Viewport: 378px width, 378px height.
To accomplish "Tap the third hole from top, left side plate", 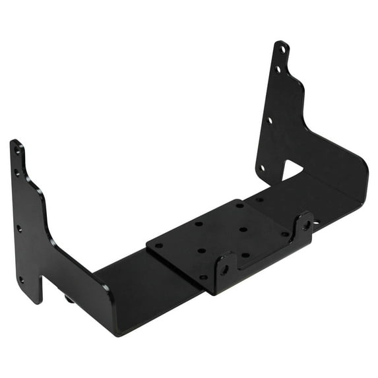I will [20, 228].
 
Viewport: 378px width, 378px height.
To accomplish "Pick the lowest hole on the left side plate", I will [22, 280].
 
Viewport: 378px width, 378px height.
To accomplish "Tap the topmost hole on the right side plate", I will [282, 49].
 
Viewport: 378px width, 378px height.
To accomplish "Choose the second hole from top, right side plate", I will [278, 68].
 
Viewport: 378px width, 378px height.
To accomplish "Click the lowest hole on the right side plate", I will [263, 168].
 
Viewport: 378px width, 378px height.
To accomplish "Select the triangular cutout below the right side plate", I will [291, 170].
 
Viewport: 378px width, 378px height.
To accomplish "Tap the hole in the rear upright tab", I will [307, 226].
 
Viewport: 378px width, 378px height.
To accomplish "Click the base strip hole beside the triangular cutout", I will [260, 199].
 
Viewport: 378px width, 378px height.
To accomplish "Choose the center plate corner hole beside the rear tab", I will [285, 233].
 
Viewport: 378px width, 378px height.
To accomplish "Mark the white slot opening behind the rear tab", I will [317, 222].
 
